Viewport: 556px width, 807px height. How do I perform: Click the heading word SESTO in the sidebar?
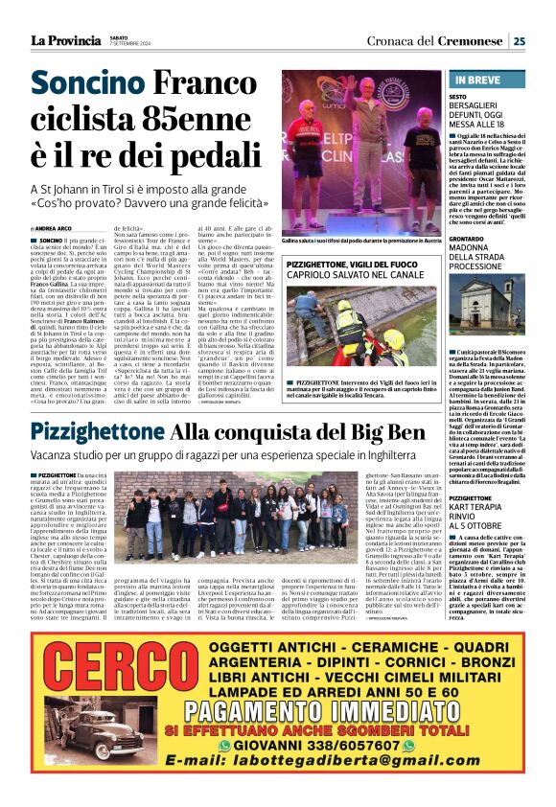458,98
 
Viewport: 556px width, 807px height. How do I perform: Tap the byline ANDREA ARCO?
49,229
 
